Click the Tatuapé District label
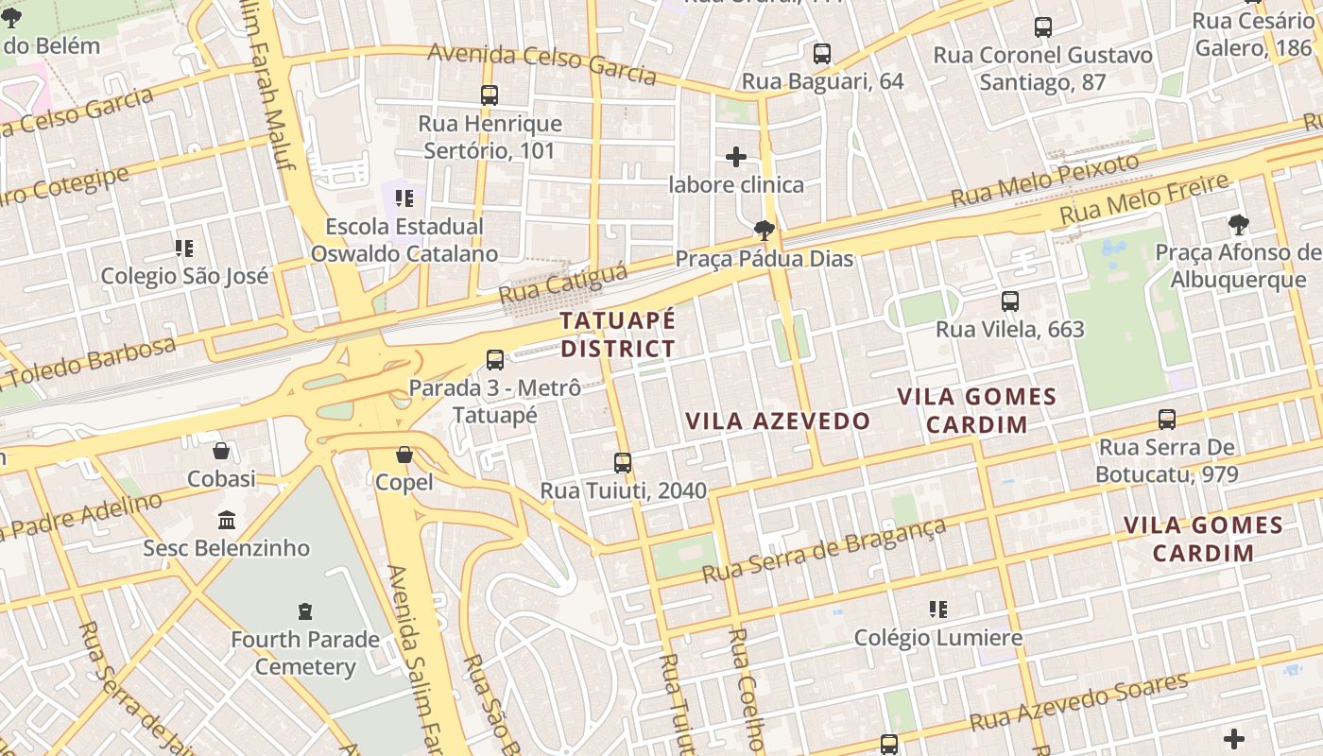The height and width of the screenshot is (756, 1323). (618, 335)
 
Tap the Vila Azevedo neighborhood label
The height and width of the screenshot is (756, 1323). (777, 421)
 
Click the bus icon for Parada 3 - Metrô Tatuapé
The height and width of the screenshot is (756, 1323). (495, 359)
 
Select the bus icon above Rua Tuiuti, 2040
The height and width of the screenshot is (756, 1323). (623, 462)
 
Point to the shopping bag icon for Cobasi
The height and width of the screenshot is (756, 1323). (221, 451)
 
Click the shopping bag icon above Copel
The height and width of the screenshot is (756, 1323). (404, 455)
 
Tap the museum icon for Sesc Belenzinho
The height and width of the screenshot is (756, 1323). (227, 520)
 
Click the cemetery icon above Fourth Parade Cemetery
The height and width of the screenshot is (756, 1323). (305, 610)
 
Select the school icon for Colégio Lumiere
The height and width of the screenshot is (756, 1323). (937, 610)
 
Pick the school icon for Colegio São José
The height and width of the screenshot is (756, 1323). (184, 249)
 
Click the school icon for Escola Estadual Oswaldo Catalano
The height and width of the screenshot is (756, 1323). (404, 198)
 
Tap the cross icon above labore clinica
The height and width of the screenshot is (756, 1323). (736, 156)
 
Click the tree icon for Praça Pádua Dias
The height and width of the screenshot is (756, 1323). (764, 230)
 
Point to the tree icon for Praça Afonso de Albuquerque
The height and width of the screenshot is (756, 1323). (1238, 224)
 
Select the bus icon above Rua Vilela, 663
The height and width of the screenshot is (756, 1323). (1010, 301)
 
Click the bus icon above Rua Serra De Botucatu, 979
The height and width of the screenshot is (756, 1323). (1167, 419)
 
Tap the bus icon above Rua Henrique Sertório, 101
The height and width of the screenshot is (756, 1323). (490, 95)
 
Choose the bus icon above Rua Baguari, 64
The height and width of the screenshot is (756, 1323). (822, 54)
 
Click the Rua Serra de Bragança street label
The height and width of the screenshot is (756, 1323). (824, 551)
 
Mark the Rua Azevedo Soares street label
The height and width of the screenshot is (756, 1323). (1078, 702)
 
